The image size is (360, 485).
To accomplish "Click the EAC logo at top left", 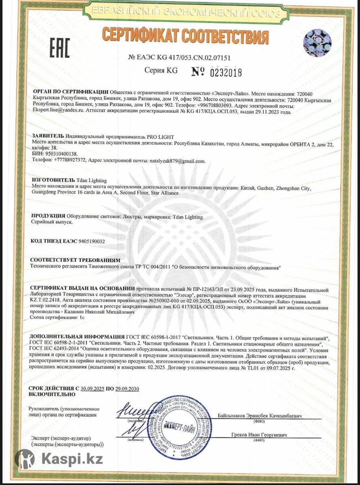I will (60, 48).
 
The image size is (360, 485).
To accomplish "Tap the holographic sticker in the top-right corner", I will (317, 42).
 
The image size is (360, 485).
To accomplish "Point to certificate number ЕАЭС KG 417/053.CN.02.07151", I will (179, 58).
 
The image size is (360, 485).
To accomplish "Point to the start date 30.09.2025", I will (93, 389).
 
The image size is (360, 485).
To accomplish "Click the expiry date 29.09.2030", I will (127, 389).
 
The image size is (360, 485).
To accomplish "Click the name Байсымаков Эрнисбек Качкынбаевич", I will (259, 415).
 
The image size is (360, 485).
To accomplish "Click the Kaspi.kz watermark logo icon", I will (25, 459).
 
